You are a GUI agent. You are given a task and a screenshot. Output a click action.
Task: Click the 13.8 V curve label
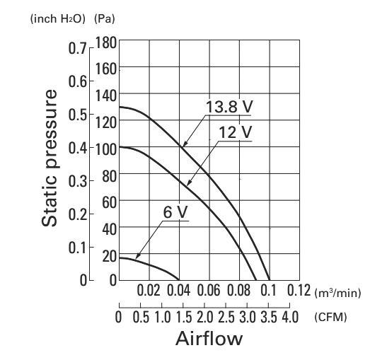(229, 107)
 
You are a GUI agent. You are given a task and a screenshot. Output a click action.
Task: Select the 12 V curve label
(236, 132)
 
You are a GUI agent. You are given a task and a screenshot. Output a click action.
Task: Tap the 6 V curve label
(175, 212)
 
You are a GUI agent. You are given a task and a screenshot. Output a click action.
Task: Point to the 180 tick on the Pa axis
(106, 43)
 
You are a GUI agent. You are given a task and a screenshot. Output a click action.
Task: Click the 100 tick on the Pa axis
(106, 149)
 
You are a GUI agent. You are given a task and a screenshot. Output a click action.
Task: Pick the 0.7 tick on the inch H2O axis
(78, 48)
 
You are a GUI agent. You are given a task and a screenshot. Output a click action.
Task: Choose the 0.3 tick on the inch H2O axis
(78, 182)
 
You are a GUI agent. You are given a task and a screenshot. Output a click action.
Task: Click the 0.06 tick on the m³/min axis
(209, 290)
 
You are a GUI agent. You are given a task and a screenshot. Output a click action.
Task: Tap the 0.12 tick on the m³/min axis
(299, 290)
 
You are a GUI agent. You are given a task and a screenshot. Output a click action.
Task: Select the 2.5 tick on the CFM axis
(226, 317)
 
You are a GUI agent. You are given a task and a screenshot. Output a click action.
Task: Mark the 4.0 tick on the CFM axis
(291, 317)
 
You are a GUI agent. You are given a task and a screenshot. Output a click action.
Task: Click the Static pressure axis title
(50, 158)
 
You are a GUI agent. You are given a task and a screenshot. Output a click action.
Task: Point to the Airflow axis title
(209, 338)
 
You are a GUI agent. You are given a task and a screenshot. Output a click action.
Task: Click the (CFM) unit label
(330, 318)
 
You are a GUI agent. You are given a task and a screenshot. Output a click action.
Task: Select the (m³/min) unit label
(337, 293)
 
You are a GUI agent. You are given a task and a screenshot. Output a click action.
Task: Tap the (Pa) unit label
(105, 19)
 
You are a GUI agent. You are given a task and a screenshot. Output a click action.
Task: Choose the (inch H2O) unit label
(57, 19)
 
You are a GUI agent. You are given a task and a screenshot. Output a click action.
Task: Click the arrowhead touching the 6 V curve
(138, 256)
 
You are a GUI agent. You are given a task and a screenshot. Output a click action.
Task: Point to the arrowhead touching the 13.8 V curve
(185, 143)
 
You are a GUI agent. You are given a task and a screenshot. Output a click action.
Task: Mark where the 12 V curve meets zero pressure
(256, 280)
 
